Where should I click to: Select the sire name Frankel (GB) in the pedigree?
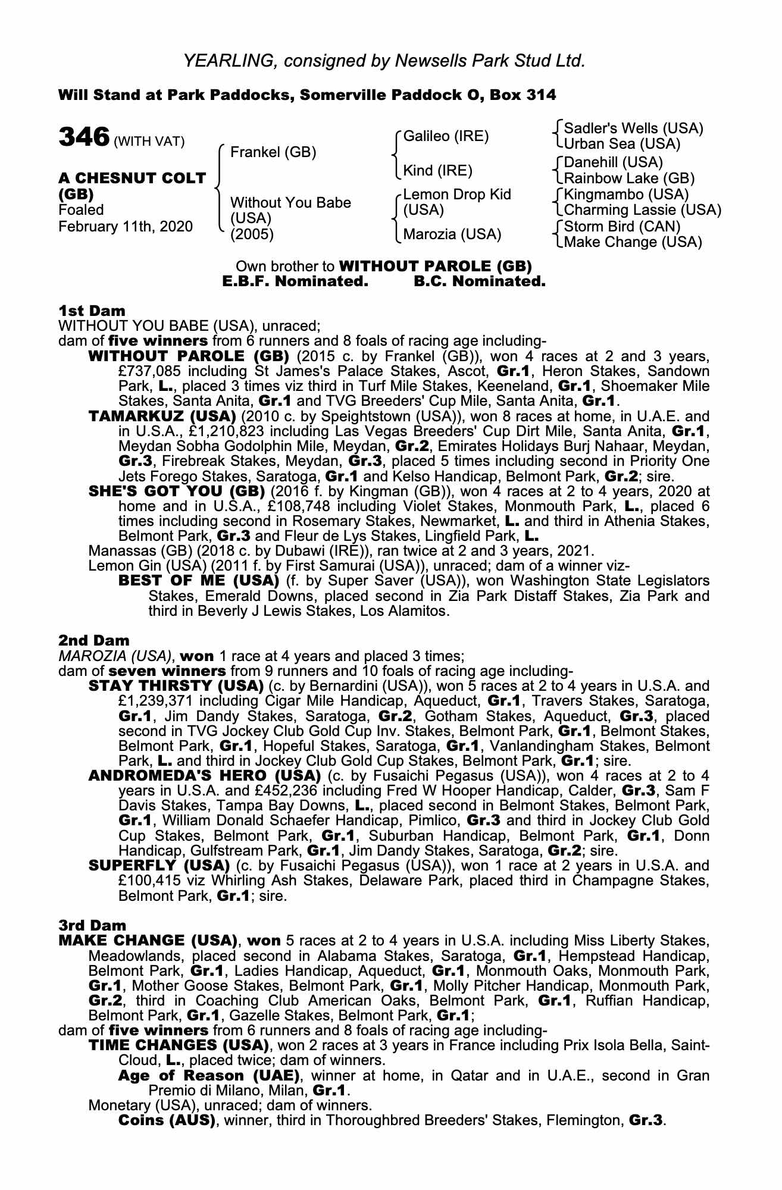(x=273, y=152)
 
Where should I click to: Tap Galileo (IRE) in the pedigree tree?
(x=446, y=136)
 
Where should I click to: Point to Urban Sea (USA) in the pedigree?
(x=622, y=144)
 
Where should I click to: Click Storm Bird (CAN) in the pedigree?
(x=622, y=226)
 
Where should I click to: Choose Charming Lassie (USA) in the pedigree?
(x=642, y=210)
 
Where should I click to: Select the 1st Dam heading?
(x=92, y=311)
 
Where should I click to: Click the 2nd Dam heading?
(x=93, y=641)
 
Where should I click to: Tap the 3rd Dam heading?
(x=93, y=925)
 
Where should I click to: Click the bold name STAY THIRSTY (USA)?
(x=176, y=685)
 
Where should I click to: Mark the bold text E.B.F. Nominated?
(x=295, y=281)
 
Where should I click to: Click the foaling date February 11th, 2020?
(x=126, y=226)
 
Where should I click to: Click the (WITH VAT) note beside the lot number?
(x=149, y=141)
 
